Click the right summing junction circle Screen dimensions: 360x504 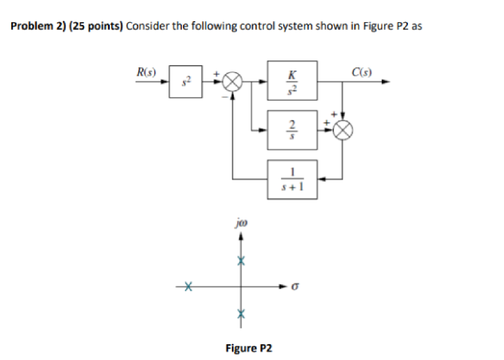[x=343, y=130]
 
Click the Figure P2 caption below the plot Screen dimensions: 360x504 [x=249, y=347]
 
